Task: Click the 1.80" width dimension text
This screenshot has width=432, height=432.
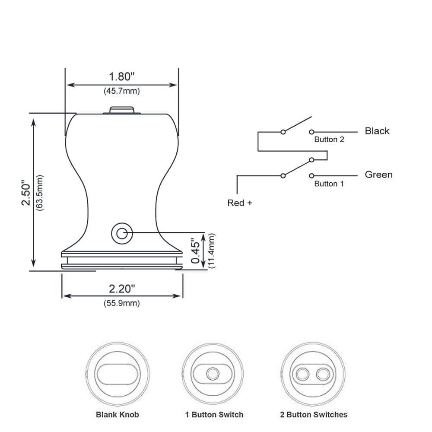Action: click(122, 76)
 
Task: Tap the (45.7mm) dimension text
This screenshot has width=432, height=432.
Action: click(122, 91)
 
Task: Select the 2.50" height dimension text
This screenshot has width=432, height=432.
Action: click(26, 193)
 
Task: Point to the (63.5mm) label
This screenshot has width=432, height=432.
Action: click(40, 193)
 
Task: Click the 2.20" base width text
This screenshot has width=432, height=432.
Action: click(122, 289)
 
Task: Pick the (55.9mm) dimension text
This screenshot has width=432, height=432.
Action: click(122, 303)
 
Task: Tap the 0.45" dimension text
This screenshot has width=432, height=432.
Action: click(196, 251)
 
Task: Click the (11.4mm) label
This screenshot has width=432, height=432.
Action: click(211, 251)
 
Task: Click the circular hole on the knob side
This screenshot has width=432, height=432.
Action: click(122, 233)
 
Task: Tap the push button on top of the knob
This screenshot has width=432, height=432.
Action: click(122, 110)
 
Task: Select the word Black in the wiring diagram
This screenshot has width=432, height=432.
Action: click(377, 131)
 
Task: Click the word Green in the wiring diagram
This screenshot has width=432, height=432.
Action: click(379, 175)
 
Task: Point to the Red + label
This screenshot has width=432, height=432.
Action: click(240, 203)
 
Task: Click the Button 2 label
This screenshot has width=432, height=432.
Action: click(329, 140)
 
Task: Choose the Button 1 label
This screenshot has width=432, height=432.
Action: click(329, 184)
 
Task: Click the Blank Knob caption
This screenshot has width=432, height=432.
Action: click(118, 414)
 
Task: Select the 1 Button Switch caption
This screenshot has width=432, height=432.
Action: click(214, 414)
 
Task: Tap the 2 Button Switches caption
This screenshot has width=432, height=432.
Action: click(314, 414)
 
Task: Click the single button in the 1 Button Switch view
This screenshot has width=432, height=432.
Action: click(213, 374)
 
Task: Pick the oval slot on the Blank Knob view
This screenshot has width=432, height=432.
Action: click(118, 374)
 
